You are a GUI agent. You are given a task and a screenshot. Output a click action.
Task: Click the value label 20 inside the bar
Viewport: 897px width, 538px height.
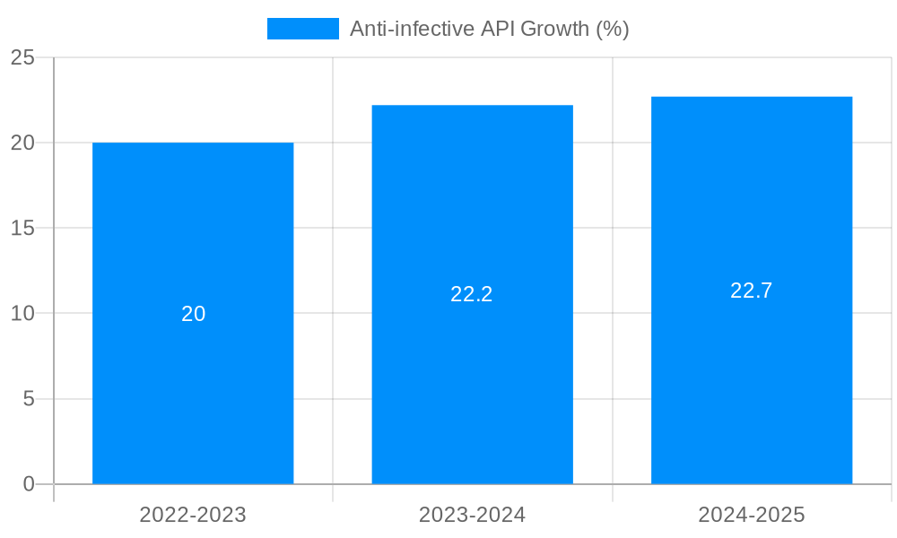click(194, 314)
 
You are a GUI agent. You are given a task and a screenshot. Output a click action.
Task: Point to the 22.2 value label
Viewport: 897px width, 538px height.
click(472, 294)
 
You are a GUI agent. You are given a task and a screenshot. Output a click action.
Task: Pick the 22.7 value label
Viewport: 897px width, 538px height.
click(752, 291)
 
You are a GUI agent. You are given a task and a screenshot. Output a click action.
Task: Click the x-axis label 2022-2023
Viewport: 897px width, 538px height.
click(193, 515)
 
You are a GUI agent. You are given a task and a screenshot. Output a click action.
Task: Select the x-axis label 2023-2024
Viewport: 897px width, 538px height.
click(472, 515)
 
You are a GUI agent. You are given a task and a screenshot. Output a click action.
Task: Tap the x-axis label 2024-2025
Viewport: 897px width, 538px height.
click(752, 515)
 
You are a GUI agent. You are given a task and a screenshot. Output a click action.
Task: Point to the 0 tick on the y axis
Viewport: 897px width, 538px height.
click(28, 484)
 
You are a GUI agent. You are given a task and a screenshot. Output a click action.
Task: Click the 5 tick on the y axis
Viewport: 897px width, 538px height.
click(28, 399)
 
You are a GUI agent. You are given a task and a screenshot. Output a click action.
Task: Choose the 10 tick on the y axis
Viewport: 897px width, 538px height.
click(22, 314)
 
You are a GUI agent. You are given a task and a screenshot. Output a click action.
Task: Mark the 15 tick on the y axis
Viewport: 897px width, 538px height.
click(22, 228)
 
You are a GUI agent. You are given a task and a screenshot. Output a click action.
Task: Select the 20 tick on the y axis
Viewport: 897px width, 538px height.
click(22, 143)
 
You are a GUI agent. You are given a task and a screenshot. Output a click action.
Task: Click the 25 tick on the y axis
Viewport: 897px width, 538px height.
click(22, 57)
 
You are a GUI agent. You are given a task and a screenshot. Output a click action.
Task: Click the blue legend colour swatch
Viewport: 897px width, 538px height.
click(303, 29)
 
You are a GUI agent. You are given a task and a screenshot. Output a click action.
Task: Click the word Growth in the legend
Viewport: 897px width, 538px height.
click(557, 29)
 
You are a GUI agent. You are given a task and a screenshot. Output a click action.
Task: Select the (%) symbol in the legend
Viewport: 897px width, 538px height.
click(613, 29)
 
